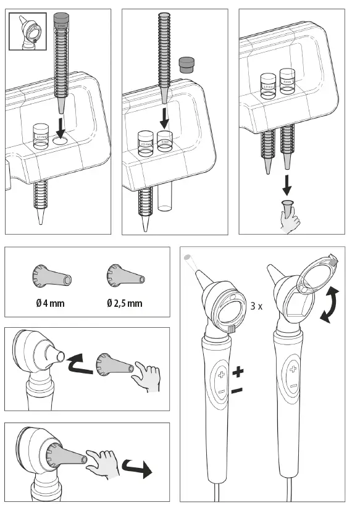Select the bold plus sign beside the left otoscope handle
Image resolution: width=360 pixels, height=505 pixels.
238,372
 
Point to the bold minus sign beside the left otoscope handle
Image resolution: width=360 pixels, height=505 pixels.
237,390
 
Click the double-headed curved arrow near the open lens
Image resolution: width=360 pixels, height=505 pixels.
331,305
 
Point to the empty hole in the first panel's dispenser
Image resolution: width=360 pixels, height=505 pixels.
60,141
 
